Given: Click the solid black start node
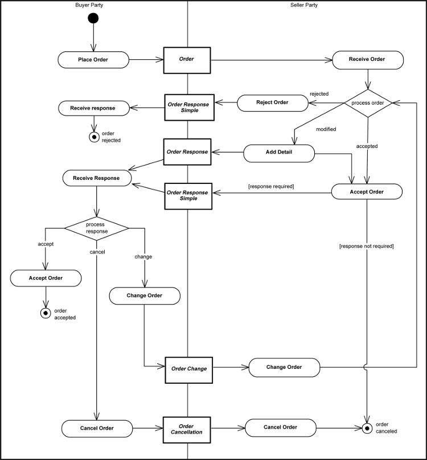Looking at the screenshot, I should coord(93,19).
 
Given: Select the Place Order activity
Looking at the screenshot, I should coord(93,60).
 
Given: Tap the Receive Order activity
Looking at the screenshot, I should coord(367,59).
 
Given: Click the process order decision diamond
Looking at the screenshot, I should coord(368,103).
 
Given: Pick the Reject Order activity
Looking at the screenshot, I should coord(272,102).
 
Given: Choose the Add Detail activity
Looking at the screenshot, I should coord(279,153).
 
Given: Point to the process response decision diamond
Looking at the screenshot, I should coord(97,228).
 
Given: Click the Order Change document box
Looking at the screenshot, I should coord(188,368).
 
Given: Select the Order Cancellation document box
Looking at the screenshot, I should coord(187,429).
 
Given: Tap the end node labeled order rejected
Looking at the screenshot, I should coord(94,137).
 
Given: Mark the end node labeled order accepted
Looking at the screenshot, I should coord(46,313).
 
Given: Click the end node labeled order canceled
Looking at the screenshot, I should coord(367,428).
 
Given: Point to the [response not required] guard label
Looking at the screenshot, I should coord(366,246).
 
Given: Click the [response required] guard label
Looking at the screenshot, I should coord(270,186).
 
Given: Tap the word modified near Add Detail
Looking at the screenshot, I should coord(326,129).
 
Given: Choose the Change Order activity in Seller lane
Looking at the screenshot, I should coord(284,367).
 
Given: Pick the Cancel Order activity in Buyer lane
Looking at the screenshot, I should coord(97,428).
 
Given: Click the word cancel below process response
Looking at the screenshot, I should coord(97,251).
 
